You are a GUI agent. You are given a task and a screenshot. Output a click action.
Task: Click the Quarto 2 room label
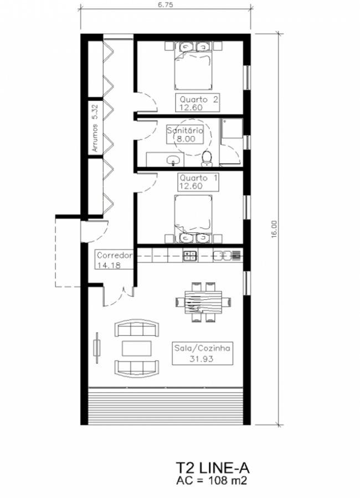pyautogui.click(x=198, y=103)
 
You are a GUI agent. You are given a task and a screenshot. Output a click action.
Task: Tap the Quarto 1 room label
pyautogui.click(x=198, y=182)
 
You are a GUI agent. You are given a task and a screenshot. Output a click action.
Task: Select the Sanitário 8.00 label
pyautogui.click(x=186, y=134)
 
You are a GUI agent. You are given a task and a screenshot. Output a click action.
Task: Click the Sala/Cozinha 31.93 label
pyautogui.click(x=202, y=353)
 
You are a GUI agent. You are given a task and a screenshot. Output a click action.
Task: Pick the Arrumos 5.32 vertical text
pyautogui.click(x=95, y=128)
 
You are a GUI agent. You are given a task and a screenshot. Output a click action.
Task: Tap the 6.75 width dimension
pyautogui.click(x=165, y=5)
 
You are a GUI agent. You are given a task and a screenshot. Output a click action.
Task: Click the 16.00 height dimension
pyautogui.click(x=274, y=229)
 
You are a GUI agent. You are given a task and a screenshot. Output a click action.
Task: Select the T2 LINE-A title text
pyautogui.click(x=212, y=469)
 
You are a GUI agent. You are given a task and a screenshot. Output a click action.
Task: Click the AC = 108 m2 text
pyautogui.click(x=212, y=480)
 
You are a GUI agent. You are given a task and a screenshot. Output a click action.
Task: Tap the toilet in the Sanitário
pyautogui.click(x=207, y=159)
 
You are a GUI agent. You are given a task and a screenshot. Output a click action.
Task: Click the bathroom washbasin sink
pyautogui.click(x=173, y=160)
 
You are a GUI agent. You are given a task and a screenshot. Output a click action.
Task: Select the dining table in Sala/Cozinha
pyautogui.click(x=203, y=302)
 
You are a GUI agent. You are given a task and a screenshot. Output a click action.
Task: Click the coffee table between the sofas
pyautogui.click(x=137, y=349)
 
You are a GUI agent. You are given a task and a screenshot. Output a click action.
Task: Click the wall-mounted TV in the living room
pyautogui.click(x=97, y=347)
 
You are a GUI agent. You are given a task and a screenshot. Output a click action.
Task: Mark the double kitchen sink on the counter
pyautogui.click(x=222, y=255)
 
